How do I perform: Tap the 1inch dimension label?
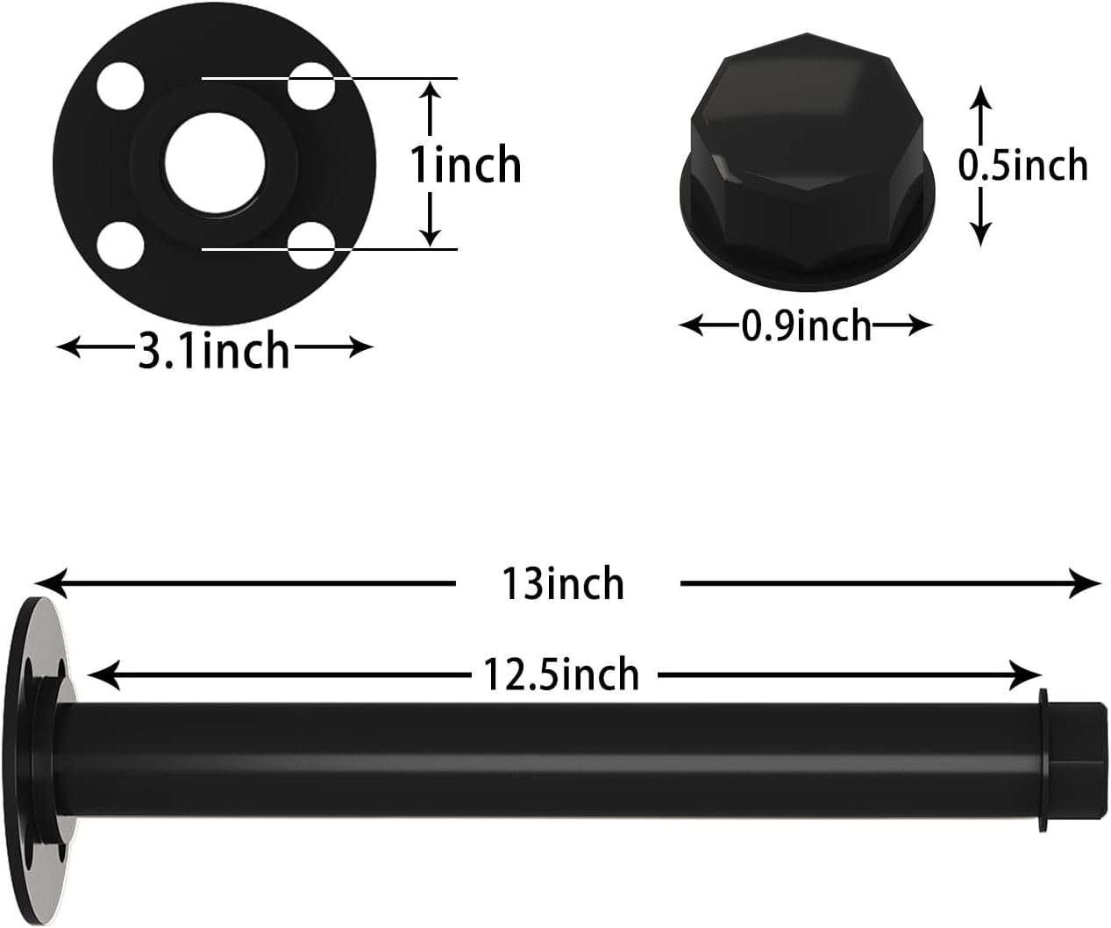pyautogui.click(x=466, y=165)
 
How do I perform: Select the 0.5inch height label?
pyautogui.click(x=1022, y=165)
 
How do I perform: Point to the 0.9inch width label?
pyautogui.click(x=807, y=326)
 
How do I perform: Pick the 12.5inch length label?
pyautogui.click(x=561, y=675)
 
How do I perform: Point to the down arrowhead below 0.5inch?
pyautogui.click(x=980, y=233)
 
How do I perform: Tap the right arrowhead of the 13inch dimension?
pyautogui.click(x=1089, y=583)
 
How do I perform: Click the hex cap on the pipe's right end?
pyautogui.click(x=1070, y=759)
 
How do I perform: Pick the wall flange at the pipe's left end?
pyautogui.click(x=44, y=759)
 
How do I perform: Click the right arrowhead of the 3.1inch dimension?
pyautogui.click(x=362, y=348)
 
